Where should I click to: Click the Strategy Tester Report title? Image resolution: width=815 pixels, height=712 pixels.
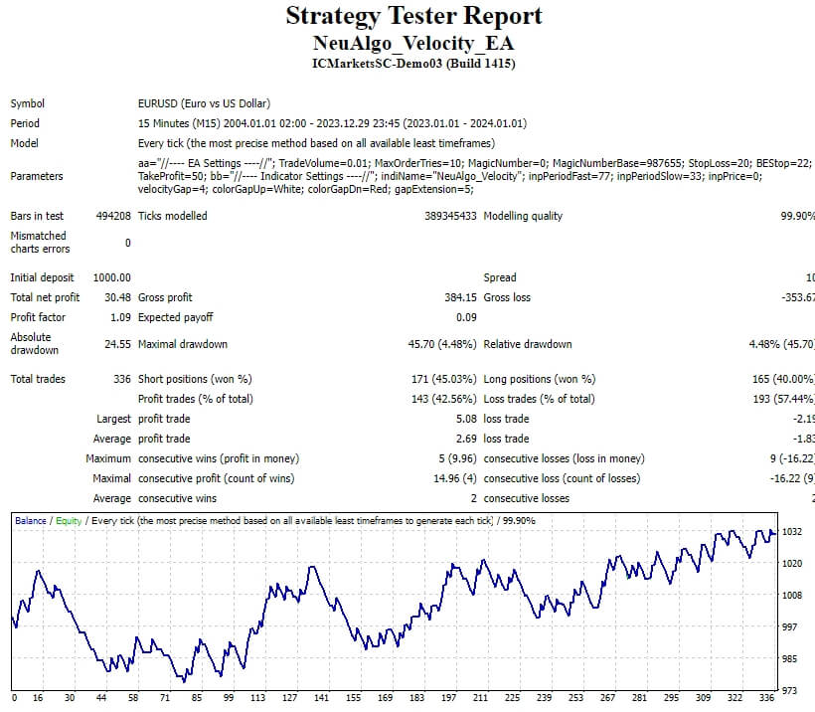[413, 16]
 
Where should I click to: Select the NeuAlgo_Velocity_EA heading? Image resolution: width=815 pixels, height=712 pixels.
[413, 44]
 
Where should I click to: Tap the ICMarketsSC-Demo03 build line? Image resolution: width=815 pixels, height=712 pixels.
[413, 64]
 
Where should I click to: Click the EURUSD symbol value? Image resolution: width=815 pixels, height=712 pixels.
[204, 103]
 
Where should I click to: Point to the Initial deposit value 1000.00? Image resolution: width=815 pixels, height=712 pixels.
[111, 277]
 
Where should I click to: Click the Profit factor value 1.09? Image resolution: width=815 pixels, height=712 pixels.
[120, 317]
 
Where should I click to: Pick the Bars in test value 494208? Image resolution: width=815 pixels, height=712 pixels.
[111, 216]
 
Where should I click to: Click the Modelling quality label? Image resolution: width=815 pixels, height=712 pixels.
[523, 216]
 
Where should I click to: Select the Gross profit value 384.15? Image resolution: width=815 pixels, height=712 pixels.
[460, 297]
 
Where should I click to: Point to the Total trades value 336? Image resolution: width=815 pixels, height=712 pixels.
[122, 379]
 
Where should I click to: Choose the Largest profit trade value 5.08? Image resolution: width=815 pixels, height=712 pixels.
[465, 419]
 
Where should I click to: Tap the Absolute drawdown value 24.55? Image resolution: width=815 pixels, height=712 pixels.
[117, 345]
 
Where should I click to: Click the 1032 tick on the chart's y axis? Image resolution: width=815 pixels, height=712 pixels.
[792, 532]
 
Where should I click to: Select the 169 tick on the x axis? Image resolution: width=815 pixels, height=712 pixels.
[387, 699]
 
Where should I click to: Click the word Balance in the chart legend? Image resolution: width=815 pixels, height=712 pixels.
[30, 520]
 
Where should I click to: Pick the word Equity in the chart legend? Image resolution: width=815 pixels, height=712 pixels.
[69, 520]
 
